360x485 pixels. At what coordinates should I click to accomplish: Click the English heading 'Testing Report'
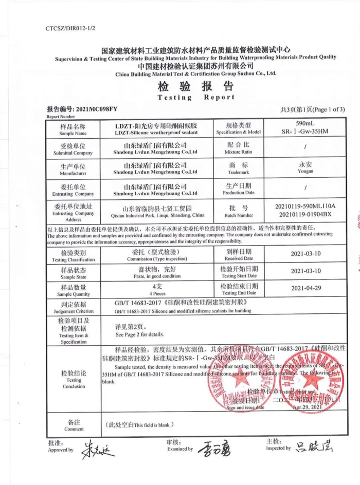tap(196, 97)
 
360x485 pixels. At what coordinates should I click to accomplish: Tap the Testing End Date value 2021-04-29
tap(305, 288)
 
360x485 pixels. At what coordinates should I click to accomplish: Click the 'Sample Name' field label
tap(73, 134)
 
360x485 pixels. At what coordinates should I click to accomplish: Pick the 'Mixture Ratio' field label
tap(239, 153)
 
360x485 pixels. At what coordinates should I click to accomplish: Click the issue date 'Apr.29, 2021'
tap(309, 407)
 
